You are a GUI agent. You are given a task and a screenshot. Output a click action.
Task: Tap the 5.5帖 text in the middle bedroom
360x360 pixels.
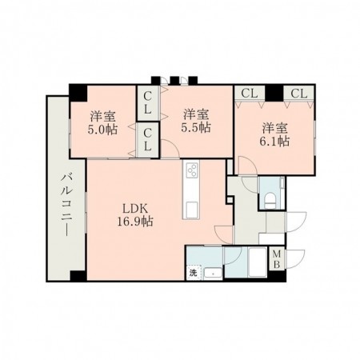point(195,127)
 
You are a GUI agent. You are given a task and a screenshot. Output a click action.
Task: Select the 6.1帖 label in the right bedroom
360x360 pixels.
point(274,140)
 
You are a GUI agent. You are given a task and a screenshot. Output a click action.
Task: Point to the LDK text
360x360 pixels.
point(134,207)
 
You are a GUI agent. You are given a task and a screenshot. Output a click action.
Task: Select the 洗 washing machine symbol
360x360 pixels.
point(193,272)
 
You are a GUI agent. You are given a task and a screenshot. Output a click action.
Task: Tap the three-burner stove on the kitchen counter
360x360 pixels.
point(192,170)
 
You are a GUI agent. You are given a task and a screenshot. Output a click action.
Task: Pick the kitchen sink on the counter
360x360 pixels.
point(192,210)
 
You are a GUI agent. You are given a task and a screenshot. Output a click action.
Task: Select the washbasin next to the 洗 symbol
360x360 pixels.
point(213,272)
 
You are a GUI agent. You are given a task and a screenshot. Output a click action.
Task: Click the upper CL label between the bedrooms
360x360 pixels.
point(149,102)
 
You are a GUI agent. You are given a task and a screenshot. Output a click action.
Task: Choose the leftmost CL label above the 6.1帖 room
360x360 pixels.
point(248,94)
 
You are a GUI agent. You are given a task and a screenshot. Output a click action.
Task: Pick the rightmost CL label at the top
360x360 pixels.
point(298,94)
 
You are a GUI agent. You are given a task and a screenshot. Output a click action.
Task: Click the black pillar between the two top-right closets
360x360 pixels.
point(274,94)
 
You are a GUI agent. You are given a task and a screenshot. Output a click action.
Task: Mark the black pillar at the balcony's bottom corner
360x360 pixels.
point(77,276)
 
